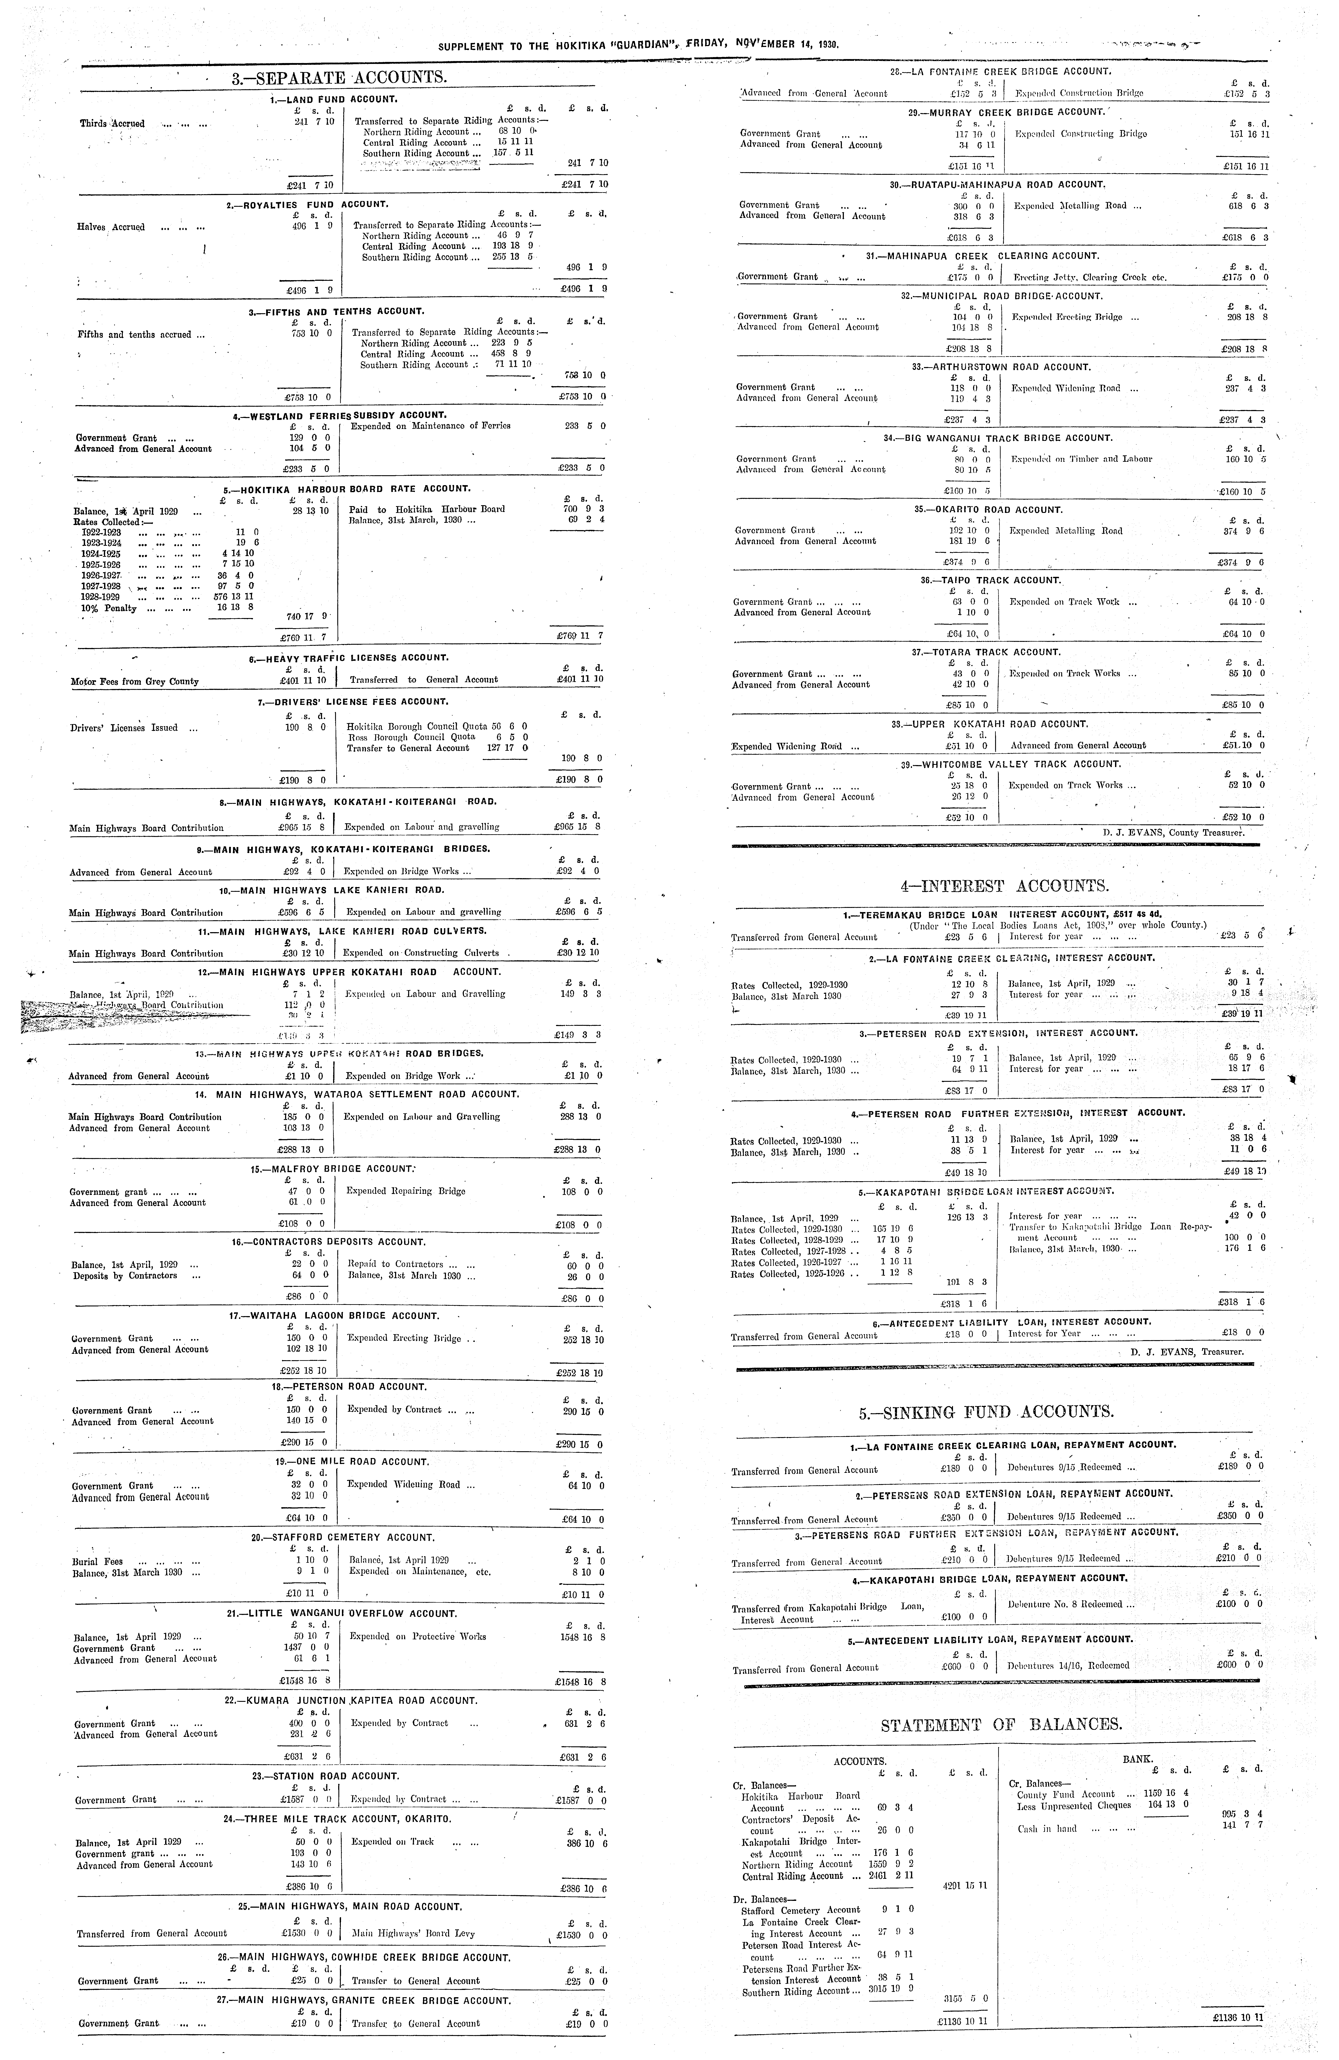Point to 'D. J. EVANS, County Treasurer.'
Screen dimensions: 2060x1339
click(x=1173, y=833)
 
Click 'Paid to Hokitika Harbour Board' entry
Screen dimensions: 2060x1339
click(x=427, y=509)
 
